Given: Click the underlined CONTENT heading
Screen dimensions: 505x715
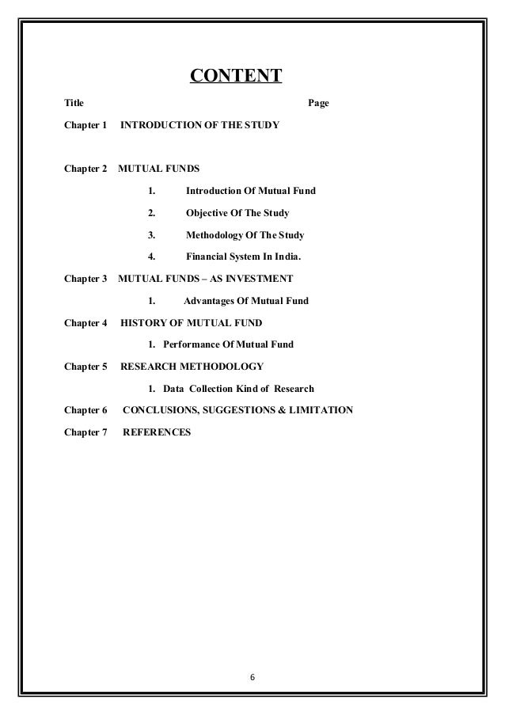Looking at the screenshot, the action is [x=236, y=77].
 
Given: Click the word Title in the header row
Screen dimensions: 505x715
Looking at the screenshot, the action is [x=73, y=104].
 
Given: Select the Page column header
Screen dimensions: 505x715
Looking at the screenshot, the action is [x=317, y=104].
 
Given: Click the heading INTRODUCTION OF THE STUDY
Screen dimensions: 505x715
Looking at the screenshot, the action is [x=199, y=125].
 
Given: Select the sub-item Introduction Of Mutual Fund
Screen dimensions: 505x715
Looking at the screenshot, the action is [x=250, y=191].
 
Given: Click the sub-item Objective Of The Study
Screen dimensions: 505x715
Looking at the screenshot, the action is [x=237, y=213].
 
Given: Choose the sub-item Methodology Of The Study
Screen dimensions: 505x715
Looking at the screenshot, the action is [x=245, y=235].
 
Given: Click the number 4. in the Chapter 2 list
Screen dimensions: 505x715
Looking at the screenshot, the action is [x=151, y=257].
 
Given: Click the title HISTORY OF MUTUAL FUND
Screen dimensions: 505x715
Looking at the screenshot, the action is [x=191, y=322].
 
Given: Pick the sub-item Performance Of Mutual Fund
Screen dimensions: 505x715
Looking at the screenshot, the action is [x=228, y=344].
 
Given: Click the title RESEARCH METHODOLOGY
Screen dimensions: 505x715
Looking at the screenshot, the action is [x=192, y=367].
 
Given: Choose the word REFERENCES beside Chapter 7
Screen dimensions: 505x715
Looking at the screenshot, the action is [x=157, y=432].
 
